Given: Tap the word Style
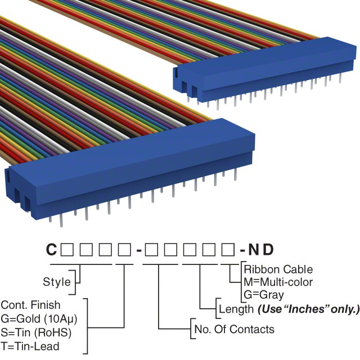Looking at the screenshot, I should pos(57,282).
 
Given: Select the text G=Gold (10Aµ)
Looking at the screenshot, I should pos(39,318).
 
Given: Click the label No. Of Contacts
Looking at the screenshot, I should pos(233,329).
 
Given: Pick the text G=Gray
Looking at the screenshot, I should pos(264,294).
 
